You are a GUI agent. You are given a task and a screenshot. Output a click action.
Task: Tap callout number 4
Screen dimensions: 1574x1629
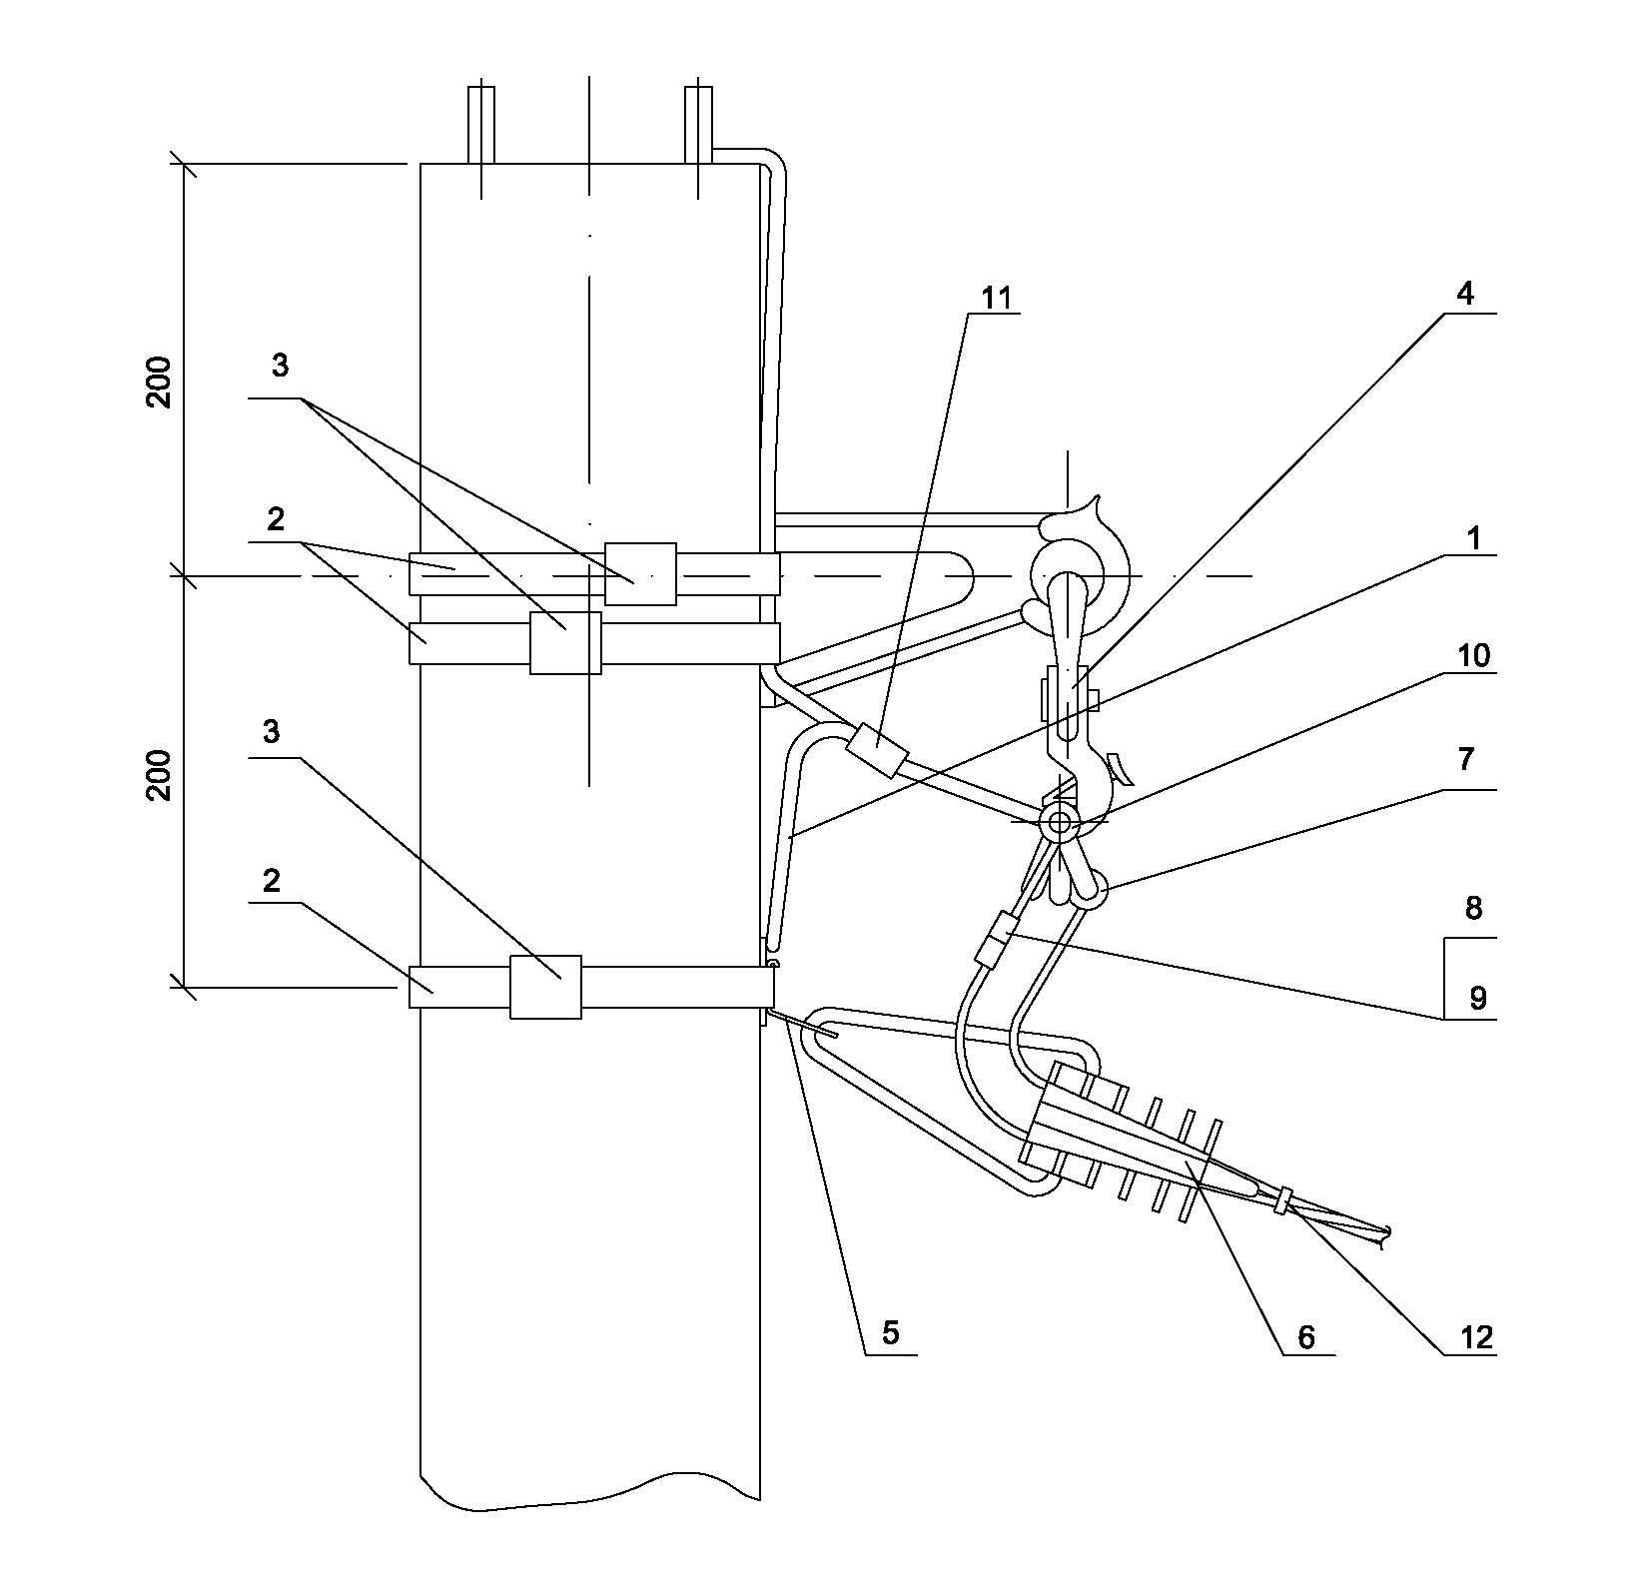point(1464,296)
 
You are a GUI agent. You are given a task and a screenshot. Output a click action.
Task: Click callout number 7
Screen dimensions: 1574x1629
point(1465,760)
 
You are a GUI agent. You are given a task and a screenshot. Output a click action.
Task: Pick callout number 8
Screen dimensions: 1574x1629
point(1473,909)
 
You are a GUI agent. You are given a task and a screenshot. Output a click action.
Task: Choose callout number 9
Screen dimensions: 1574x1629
point(1477,997)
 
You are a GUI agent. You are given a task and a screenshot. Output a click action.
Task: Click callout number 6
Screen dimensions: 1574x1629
point(1305,1336)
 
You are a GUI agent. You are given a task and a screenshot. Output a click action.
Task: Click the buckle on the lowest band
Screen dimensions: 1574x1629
point(545,987)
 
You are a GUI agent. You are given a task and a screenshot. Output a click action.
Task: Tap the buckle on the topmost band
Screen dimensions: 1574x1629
point(640,574)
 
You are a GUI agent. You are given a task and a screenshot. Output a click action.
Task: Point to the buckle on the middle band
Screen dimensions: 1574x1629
point(565,643)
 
